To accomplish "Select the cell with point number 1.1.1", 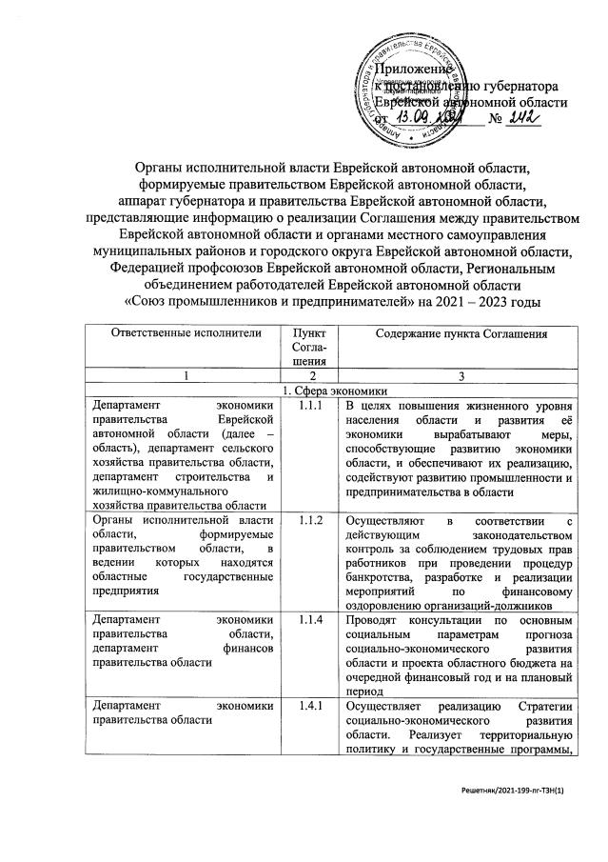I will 304,407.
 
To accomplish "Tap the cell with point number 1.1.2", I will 304,521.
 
